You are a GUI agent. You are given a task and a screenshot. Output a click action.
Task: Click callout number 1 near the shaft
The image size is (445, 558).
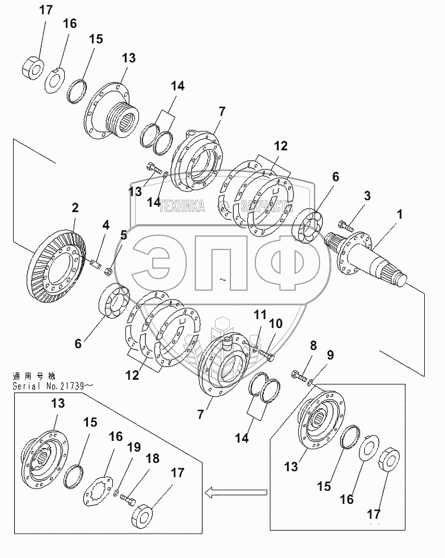click(400, 214)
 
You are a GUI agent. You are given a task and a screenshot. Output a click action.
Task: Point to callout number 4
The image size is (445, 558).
click(105, 225)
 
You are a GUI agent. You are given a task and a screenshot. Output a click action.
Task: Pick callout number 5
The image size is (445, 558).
click(123, 235)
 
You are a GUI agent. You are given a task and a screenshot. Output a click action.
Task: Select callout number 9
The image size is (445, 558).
click(330, 355)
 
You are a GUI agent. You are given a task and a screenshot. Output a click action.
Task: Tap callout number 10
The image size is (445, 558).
click(276, 324)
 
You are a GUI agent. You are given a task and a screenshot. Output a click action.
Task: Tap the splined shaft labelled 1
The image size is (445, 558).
click(371, 258)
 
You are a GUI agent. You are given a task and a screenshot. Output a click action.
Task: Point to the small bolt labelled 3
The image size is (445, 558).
click(345, 226)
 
